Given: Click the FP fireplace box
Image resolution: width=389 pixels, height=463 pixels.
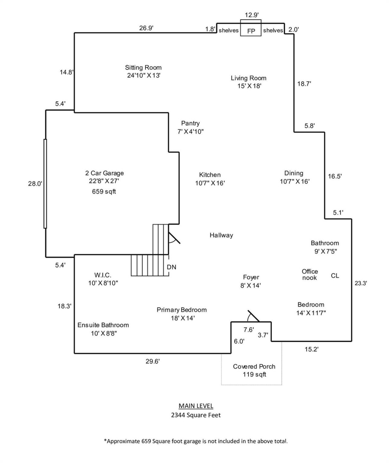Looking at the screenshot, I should coord(251,30).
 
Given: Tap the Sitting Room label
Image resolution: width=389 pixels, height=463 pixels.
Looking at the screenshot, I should coord(143,68).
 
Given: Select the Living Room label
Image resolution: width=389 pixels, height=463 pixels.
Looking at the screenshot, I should coord(248,78).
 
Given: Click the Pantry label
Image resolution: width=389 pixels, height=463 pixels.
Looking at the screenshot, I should coord(190,123).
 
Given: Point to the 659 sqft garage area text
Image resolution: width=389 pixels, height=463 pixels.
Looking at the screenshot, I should coord(104,192).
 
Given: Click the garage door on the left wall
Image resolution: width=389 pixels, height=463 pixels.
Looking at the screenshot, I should coord(45,184).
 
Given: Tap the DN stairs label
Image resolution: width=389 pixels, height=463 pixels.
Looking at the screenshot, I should coord(171,267).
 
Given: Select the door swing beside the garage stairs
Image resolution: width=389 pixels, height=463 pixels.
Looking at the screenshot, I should coord(174,238).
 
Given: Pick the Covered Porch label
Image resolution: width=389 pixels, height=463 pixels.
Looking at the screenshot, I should coord(254,367).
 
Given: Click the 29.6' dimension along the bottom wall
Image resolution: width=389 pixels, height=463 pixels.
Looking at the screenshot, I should coord(153,361).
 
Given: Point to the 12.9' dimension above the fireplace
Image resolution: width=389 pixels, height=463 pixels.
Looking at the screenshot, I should coord(251,15).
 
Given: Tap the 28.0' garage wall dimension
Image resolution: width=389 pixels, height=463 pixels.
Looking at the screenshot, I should coord(35,184).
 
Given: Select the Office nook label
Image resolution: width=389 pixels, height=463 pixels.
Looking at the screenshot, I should coord(309,275).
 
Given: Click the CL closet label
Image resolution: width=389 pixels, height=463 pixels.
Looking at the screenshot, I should coord(335,276).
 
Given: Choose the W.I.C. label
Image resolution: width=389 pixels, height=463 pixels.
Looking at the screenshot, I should coord(103,275).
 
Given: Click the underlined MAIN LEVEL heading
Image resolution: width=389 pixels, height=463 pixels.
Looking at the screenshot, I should coord(196,406).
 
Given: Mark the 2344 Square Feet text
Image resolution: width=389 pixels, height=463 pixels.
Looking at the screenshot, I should coord(196,415).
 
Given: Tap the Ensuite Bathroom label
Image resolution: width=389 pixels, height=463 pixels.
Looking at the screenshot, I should coord(103,325).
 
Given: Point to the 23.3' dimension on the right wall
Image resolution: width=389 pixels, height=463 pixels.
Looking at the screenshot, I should coord(361,283).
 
